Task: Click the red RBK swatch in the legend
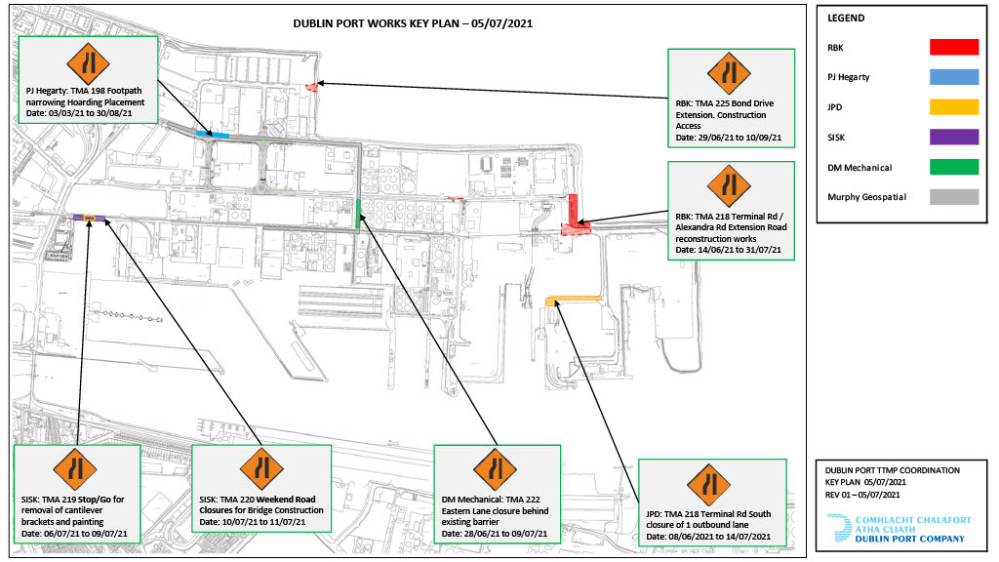coord(954,47)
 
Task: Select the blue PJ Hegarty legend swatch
coord(954,77)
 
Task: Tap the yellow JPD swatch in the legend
coord(954,107)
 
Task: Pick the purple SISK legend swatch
coord(954,137)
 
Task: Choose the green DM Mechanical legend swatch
coord(954,167)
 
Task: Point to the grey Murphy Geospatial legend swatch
coord(954,197)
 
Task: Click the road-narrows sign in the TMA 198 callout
coord(88,63)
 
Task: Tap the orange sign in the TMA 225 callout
coord(729,74)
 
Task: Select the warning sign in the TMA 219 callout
coord(75,470)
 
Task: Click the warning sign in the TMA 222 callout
coord(495,470)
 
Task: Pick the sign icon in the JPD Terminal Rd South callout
coord(708,485)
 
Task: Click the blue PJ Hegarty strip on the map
coord(212,135)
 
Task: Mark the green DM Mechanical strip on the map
coord(358,214)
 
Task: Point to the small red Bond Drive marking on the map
coord(311,87)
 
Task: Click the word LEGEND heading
coord(846,18)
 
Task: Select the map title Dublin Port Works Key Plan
coord(413,23)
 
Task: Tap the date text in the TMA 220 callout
coord(253,522)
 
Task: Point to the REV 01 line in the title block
coord(862,495)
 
